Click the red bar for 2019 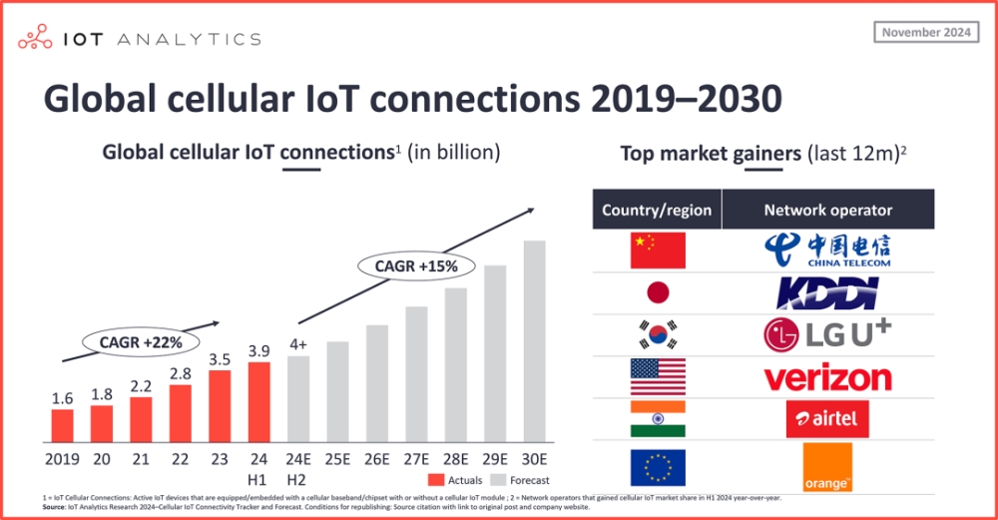(63, 425)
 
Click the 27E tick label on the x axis (417, 459)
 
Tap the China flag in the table (658, 250)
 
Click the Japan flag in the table (658, 292)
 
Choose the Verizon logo (827, 377)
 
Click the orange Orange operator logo (827, 467)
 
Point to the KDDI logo (827, 292)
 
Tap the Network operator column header (827, 210)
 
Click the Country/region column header (657, 210)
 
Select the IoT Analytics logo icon (38, 39)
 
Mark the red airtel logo (827, 418)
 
